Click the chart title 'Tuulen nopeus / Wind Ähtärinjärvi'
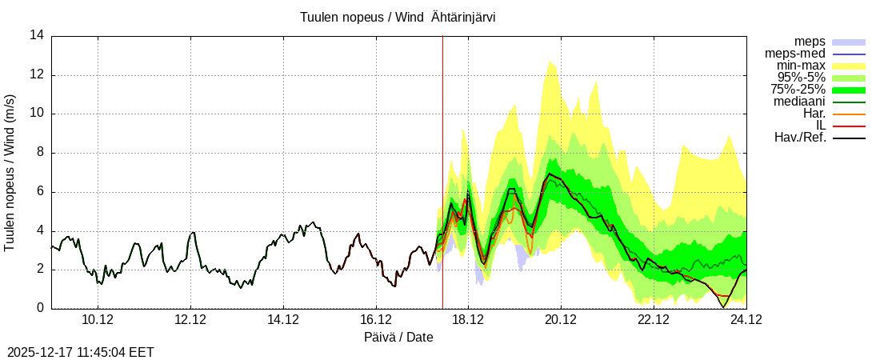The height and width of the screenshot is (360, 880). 398,17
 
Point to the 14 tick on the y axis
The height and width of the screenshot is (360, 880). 37,35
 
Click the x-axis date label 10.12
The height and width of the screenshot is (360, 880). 98,320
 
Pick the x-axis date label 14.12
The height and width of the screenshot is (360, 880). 283,320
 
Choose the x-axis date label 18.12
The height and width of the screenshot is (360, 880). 468,320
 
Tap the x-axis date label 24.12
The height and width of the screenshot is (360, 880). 746,320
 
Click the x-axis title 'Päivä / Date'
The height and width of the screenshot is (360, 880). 398,337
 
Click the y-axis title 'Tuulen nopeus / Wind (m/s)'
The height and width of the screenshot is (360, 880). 10,172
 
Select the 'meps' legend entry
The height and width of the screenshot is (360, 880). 810,42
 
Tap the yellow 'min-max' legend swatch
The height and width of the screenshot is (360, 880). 849,66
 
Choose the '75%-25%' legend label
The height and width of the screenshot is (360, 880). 798,90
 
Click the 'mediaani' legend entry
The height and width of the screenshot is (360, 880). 799,102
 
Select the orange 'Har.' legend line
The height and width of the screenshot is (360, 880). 849,114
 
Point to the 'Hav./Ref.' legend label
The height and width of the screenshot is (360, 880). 800,138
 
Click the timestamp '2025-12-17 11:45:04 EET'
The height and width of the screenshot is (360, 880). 81,352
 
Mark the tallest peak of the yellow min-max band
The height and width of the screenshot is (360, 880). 550,62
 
